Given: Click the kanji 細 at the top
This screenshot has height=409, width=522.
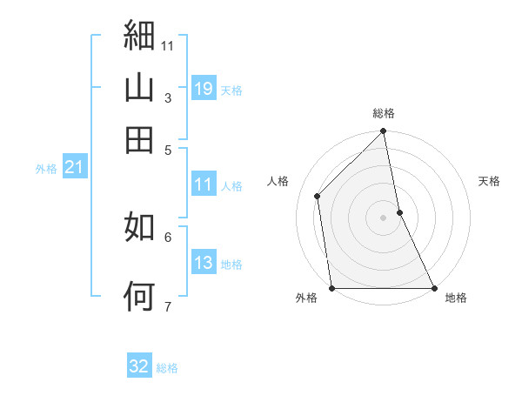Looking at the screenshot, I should click(x=139, y=36).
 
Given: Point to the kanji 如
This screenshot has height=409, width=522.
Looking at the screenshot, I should click(x=139, y=228).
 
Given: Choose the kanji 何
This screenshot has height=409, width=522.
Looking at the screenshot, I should click(x=139, y=296).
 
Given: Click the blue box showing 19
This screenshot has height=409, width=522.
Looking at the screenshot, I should click(x=203, y=88).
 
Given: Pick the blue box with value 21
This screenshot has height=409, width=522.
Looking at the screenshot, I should click(x=74, y=168).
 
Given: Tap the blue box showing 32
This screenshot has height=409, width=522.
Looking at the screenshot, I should click(x=139, y=366).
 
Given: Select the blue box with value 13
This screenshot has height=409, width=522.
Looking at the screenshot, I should click(x=203, y=263).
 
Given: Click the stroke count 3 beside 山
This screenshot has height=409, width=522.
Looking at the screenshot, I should click(x=167, y=98).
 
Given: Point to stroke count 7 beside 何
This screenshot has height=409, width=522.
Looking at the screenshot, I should click(x=167, y=306).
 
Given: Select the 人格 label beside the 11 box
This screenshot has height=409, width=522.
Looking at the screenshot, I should click(x=231, y=185).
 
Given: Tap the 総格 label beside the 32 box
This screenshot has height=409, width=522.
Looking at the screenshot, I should click(x=167, y=368).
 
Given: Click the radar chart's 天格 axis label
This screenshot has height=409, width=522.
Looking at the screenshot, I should click(x=489, y=181).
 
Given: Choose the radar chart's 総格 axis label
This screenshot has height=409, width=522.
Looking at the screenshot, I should click(x=384, y=113).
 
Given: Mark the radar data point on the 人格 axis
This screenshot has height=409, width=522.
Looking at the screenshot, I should click(x=318, y=196).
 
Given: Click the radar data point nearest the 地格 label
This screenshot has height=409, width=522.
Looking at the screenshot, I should click(x=433, y=287).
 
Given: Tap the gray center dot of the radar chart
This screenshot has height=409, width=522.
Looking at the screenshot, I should click(x=384, y=218).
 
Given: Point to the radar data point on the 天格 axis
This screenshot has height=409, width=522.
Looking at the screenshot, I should click(x=399, y=212).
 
